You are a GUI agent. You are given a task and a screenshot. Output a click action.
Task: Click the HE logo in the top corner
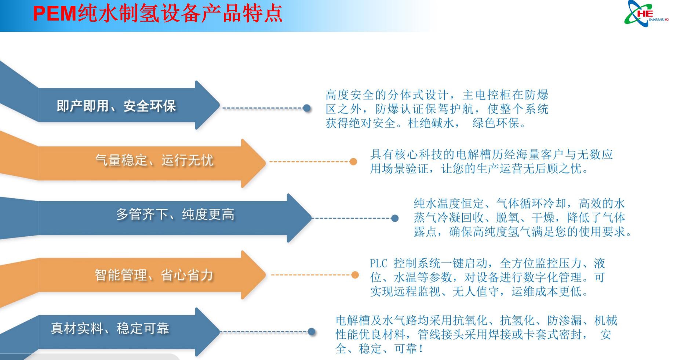646,13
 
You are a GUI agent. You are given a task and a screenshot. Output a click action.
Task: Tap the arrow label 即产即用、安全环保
116,106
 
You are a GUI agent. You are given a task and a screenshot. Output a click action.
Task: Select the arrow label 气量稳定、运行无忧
154,160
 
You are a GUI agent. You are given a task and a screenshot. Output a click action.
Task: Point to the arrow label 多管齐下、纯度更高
175,214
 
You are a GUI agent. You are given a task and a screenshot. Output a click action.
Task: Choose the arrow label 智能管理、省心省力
154,274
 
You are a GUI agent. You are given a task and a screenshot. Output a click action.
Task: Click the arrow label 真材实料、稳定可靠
110,328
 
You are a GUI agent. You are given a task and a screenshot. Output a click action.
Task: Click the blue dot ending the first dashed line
307,108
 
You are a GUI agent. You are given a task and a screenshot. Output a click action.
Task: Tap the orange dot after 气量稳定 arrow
353,161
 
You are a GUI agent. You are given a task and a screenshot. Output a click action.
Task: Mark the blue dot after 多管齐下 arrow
395,218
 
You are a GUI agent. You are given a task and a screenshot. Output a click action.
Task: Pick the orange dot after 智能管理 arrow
355,275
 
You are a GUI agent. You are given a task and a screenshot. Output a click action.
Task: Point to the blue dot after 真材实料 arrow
312,332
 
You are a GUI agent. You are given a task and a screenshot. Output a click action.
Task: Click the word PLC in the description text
379,263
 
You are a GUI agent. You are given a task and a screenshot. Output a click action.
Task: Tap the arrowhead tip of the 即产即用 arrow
219,105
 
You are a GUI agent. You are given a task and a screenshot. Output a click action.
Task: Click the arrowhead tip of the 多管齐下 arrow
312,218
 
